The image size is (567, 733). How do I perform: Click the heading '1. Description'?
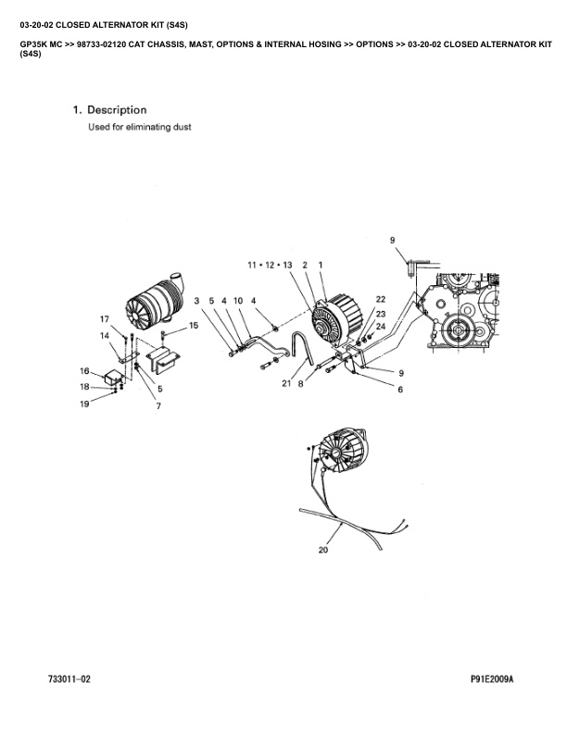coord(109,110)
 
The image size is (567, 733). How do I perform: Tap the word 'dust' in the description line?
coord(181,127)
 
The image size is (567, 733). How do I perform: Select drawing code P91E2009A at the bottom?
coord(491,679)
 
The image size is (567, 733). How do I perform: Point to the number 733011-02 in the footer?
coord(69,679)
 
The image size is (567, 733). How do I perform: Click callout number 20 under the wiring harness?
coord(323,550)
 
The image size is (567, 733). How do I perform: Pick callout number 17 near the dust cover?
coord(105,318)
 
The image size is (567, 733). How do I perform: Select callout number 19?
coord(84,404)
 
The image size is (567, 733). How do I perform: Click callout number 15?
coord(194,326)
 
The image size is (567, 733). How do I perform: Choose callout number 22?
coord(380,299)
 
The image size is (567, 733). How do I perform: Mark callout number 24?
coord(380,327)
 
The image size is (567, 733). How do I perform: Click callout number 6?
coord(400,390)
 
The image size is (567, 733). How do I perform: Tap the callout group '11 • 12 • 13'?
coord(270,265)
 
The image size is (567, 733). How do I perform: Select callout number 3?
coord(197,301)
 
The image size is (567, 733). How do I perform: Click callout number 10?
coord(238,301)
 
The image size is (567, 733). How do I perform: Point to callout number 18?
coord(84,387)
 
